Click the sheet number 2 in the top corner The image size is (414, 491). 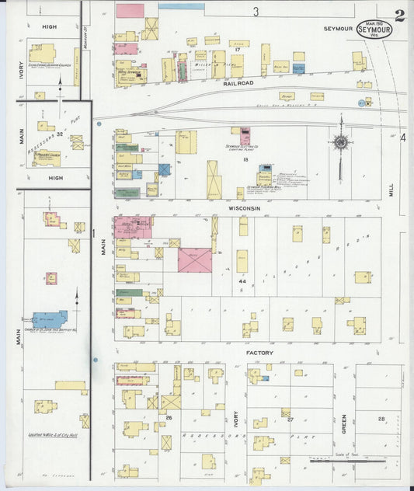398,15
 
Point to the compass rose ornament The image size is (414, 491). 340,142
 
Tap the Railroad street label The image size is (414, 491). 238,82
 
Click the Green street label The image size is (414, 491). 343,423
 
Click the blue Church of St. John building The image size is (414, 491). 49,320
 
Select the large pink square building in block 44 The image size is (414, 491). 194,259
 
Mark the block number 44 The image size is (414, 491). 242,280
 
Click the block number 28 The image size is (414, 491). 381,419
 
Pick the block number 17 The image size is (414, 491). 237,50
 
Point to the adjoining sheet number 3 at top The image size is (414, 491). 255,12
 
